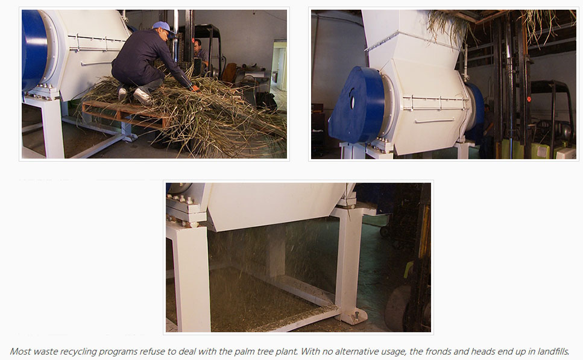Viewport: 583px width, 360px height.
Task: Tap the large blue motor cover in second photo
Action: coord(356,106)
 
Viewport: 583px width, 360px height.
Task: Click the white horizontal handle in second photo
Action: coord(434,120)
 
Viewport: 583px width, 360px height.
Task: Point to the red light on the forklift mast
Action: coord(529,99)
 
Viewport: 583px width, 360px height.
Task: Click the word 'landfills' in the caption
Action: coord(553,352)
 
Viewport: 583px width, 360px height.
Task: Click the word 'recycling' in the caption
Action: coord(78,352)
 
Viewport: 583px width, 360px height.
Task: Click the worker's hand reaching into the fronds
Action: coord(195,88)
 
